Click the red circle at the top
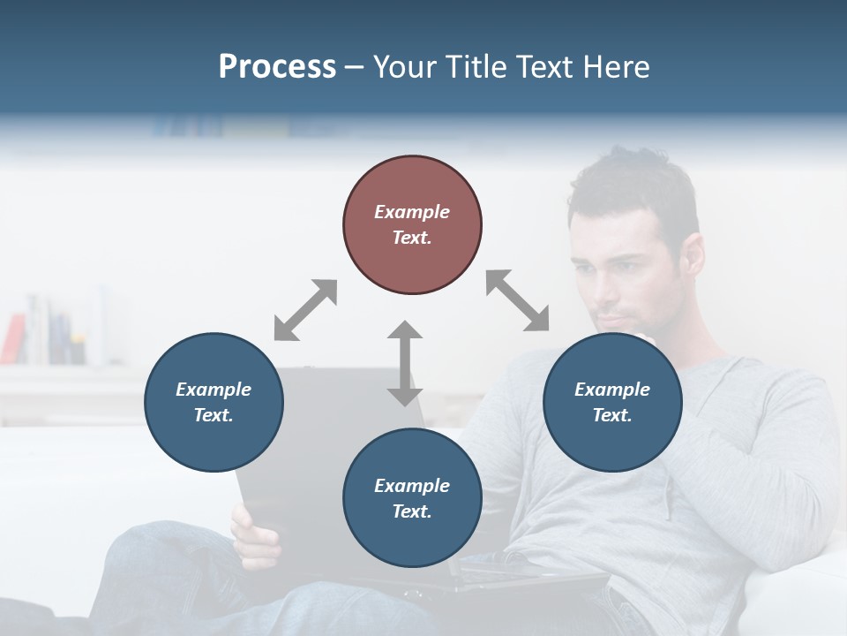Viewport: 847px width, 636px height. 412,224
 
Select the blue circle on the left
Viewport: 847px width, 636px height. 214,402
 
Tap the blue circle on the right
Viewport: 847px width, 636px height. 612,402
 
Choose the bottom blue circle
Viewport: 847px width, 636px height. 412,498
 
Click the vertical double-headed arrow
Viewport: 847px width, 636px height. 405,363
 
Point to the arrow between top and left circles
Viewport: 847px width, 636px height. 305,309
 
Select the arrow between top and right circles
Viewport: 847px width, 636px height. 517,300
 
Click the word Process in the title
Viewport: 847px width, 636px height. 277,66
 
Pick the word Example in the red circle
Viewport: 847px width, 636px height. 412,212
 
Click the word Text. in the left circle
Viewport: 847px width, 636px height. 214,415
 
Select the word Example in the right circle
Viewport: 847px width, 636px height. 612,390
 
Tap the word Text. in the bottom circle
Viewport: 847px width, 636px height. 412,511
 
